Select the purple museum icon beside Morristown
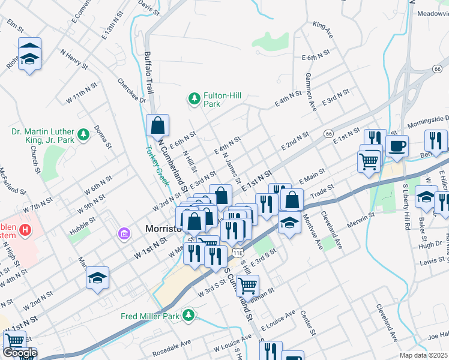pos(124,233)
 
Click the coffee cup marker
pos(397,146)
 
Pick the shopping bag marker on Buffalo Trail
pos(157,126)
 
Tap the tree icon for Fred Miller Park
pos(189,315)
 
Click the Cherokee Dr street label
pos(131,91)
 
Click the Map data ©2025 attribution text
pos(423,355)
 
